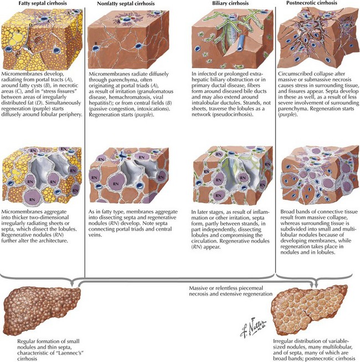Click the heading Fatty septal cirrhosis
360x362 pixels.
pyautogui.click(x=34, y=4)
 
